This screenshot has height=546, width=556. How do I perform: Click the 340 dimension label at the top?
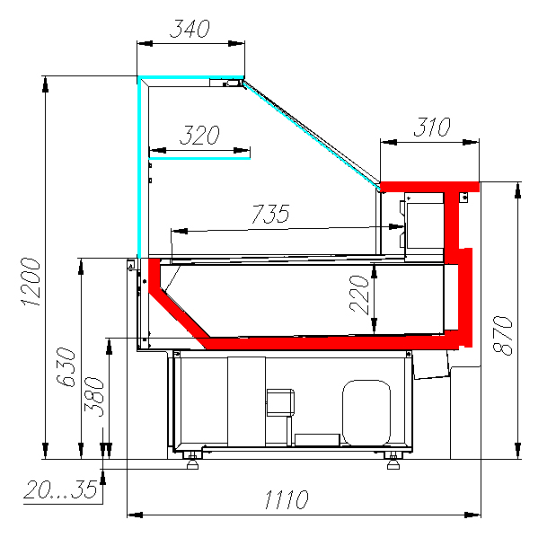click(190, 29)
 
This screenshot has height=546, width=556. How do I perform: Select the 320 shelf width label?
click(200, 135)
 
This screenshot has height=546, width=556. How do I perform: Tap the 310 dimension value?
click(432, 127)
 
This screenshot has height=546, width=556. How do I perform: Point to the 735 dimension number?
click(271, 214)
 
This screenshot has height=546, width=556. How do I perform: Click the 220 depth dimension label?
click(359, 294)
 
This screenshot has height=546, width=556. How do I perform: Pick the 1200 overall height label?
click(31, 282)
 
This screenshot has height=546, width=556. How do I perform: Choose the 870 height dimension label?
click(503, 335)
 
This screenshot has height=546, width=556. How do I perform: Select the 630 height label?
click(66, 367)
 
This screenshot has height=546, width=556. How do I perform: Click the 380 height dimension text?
click(94, 396)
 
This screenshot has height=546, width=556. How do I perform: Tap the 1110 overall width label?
click(287, 499)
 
